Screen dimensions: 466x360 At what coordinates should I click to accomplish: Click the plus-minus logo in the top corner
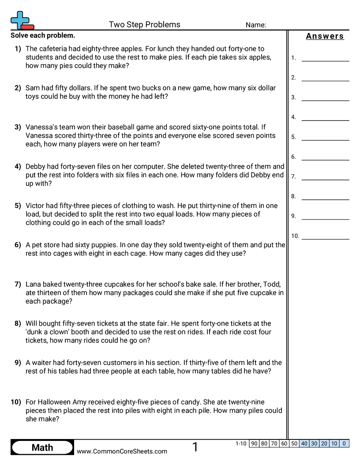pyautogui.click(x=22, y=20)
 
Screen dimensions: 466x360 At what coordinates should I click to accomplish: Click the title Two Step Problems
pyautogui.click(x=144, y=25)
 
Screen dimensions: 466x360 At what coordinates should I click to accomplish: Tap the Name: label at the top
pyautogui.click(x=255, y=25)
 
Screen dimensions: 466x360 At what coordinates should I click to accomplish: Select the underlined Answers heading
pyautogui.click(x=325, y=36)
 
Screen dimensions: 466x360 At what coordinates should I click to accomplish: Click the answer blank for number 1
pyautogui.click(x=325, y=57)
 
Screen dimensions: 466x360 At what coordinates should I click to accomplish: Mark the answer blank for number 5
pyautogui.click(x=325, y=137)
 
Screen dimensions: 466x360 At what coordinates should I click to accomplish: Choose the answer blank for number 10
pyautogui.click(x=325, y=236)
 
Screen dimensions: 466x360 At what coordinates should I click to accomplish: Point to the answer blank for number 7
pyautogui.click(x=325, y=177)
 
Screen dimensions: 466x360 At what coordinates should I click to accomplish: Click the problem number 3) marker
pyautogui.click(x=18, y=127)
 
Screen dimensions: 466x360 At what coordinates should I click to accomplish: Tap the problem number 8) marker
pyautogui.click(x=18, y=323)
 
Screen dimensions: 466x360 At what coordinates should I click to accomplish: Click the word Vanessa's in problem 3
pyautogui.click(x=42, y=127)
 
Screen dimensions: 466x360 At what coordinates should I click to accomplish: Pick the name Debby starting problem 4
pyautogui.click(x=35, y=166)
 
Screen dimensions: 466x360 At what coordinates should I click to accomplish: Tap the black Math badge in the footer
pyautogui.click(x=42, y=447)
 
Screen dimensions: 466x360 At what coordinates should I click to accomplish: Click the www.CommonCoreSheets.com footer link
pyautogui.click(x=122, y=451)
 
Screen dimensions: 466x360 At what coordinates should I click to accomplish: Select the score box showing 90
pyautogui.click(x=254, y=443)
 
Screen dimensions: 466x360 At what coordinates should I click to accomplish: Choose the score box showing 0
pyautogui.click(x=344, y=443)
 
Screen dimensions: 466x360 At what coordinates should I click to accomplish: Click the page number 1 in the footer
pyautogui.click(x=195, y=447)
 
